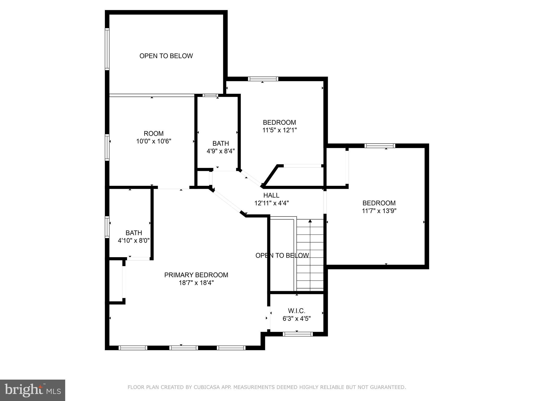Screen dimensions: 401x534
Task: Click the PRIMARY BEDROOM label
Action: click(196, 275)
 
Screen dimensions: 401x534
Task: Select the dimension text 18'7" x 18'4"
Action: click(196, 283)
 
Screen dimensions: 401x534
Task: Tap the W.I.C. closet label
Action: click(296, 311)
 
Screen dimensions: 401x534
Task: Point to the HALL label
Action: click(271, 195)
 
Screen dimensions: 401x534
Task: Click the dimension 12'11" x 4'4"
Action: click(271, 203)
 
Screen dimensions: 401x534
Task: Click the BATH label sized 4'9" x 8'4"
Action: click(221, 143)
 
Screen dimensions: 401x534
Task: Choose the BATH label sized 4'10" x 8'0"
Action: click(134, 233)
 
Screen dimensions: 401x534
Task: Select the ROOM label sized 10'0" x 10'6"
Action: click(154, 133)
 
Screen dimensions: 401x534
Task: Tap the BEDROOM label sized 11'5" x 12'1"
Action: click(279, 122)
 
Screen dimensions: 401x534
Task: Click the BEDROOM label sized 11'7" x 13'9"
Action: click(379, 203)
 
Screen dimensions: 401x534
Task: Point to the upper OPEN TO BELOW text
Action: click(166, 56)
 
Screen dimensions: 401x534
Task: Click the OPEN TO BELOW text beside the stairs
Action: click(282, 255)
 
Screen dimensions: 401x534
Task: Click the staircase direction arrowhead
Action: click(310, 221)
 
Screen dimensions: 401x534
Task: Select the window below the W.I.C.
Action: click(298, 334)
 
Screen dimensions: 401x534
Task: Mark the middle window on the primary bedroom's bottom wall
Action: click(184, 348)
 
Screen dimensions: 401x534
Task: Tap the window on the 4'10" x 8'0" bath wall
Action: click(107, 227)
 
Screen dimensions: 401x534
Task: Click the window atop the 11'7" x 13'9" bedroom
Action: click(380, 146)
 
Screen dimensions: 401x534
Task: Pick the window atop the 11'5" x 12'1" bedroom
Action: click(263, 79)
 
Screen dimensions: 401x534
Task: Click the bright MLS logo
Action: click(33, 390)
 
